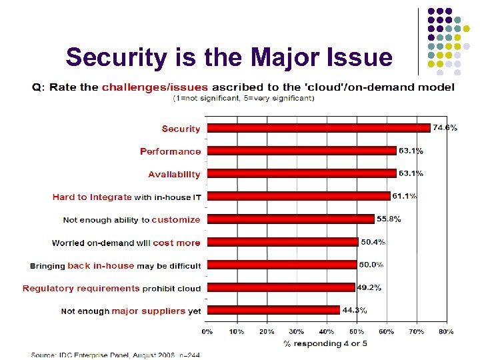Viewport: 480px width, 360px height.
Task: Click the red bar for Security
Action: tap(319, 128)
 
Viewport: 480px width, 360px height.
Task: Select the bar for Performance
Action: tap(301, 151)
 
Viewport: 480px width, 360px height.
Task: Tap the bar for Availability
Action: tap(301, 173)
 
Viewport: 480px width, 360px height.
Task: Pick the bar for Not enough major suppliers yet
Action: tap(273, 310)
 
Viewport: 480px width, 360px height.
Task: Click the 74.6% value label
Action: tap(445, 127)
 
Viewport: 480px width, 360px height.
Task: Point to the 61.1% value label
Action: tap(405, 196)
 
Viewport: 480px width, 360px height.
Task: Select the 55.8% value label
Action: tap(389, 219)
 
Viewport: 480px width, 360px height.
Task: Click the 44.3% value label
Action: tap(355, 309)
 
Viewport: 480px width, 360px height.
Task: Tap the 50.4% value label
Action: tap(373, 241)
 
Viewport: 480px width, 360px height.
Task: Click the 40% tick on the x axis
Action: tap(327, 331)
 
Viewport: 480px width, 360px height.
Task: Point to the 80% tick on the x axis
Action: tap(446, 331)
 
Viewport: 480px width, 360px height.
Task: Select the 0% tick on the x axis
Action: tap(207, 331)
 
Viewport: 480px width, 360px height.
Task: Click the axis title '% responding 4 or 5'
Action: tap(325, 344)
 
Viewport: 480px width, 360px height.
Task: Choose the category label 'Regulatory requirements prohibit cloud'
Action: tap(111, 289)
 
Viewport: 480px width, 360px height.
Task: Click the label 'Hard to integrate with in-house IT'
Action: tap(127, 197)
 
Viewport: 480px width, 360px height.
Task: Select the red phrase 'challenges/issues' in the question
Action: tap(155, 87)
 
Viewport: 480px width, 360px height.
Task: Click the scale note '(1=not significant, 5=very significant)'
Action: tap(243, 98)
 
